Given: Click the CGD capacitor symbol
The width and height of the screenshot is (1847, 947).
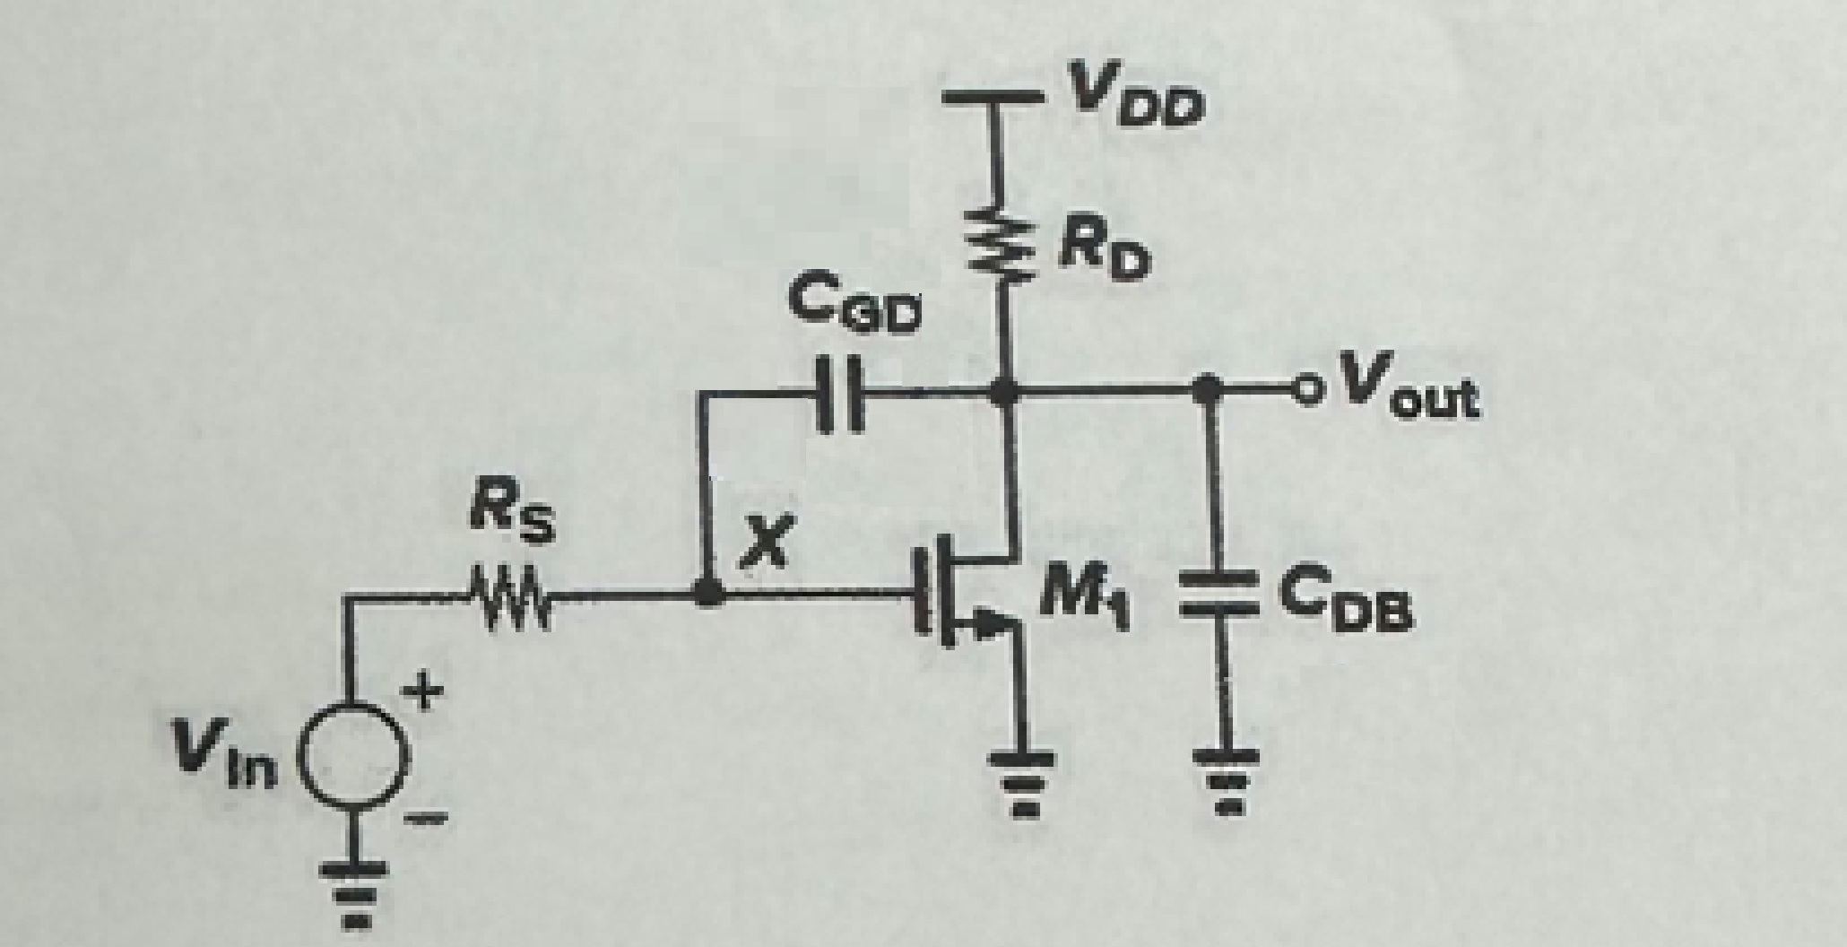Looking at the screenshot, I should pos(841,393).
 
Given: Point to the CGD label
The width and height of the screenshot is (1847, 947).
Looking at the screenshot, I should pos(853,310).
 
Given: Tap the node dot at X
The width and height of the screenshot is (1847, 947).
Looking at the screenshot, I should pos(709,592).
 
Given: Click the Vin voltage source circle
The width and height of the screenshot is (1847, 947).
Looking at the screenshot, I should pos(351,741).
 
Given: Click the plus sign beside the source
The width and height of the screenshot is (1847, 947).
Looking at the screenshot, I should pos(427,692).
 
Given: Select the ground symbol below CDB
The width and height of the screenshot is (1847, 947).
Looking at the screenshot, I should pos(1226,777).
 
